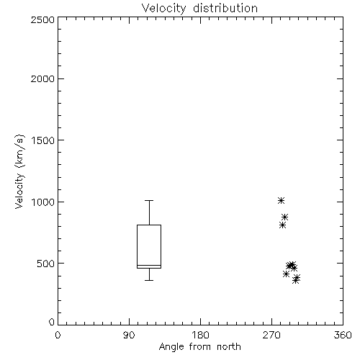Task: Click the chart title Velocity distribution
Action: pos(199,8)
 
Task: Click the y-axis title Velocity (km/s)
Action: pos(19,171)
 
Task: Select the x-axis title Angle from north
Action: pos(199,347)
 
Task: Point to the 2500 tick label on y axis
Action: pos(42,19)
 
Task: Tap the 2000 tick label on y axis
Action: pos(42,78)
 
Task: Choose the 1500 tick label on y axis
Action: pos(43,140)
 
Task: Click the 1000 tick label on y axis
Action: pos(43,202)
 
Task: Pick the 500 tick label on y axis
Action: pos(46,264)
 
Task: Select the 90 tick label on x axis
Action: pos(129,335)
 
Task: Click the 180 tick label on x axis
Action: pos(199,335)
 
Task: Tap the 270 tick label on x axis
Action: pos(271,335)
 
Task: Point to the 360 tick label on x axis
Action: pos(343,335)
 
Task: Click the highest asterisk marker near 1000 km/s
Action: pos(281,200)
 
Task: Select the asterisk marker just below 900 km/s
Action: pos(284,217)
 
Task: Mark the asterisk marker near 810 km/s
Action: pos(282,225)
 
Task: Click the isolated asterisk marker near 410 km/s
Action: pos(286,274)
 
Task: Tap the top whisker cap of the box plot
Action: pos(149,200)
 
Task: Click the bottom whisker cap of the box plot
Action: pos(149,280)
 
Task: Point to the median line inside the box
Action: pos(149,265)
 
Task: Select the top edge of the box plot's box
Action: pos(149,225)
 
